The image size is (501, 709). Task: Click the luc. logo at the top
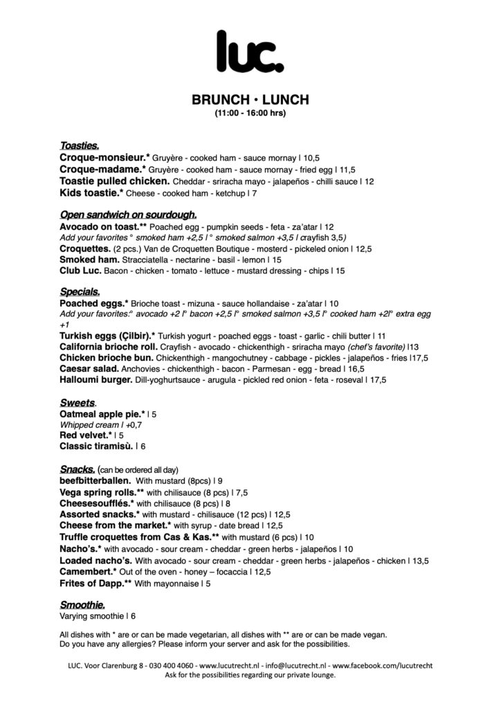point(250,49)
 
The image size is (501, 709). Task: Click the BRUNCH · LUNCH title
point(250,100)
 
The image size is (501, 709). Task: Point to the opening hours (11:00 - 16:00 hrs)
point(250,112)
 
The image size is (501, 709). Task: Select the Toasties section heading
point(80,145)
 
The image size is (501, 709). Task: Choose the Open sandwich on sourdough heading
point(129,214)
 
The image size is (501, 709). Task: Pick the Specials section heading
point(80,291)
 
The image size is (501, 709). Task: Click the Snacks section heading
point(78,468)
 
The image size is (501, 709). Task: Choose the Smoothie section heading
point(83,604)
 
